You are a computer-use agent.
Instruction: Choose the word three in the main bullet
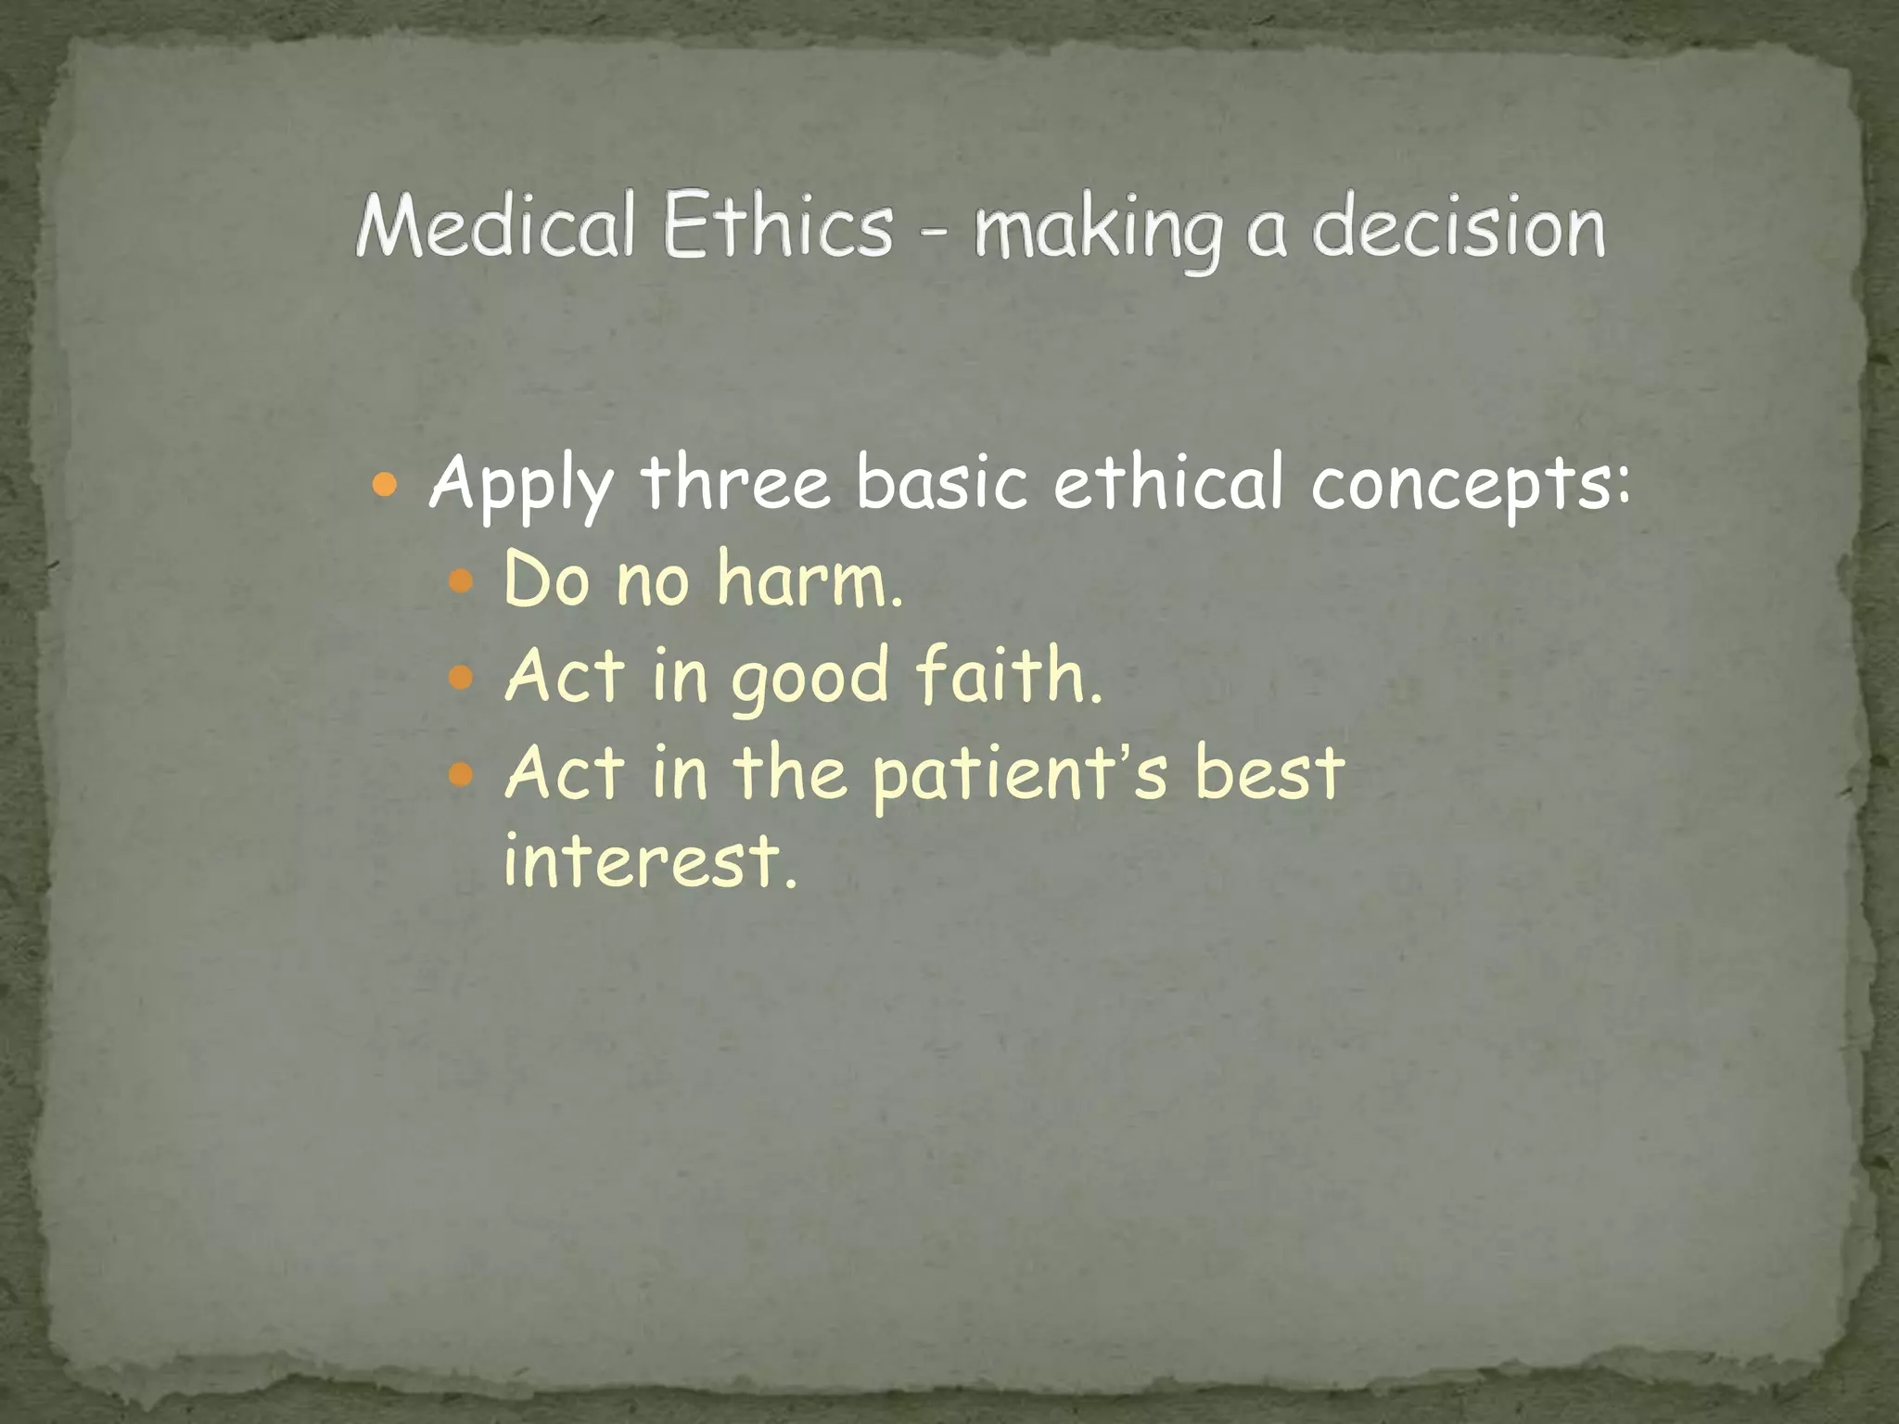736,483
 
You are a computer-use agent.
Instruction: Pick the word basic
942,483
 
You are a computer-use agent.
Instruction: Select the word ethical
1168,483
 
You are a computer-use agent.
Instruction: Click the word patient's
1020,774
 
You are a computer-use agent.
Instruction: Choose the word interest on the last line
649,860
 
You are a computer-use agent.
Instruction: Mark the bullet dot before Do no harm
461,582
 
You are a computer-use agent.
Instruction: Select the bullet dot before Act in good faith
461,678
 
